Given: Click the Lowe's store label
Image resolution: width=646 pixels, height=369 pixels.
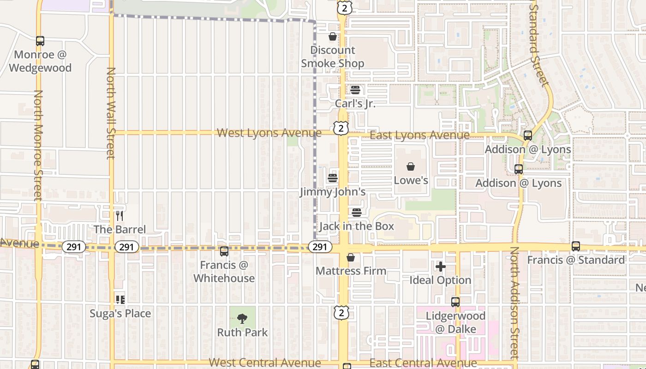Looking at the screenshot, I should [x=411, y=180].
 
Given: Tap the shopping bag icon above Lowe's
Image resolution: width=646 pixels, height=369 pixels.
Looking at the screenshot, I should [x=411, y=167].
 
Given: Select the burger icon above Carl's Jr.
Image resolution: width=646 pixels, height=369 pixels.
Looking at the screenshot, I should [x=355, y=90].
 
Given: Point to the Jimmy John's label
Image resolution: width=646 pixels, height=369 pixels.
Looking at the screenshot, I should [x=333, y=192].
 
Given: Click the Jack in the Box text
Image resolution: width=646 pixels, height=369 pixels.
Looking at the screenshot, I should [x=357, y=226].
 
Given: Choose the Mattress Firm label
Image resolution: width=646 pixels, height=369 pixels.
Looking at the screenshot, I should [x=351, y=271].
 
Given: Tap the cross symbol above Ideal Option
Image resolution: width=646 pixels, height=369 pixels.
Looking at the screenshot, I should [x=441, y=266].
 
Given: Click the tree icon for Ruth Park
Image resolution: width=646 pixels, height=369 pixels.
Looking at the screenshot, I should [x=242, y=318].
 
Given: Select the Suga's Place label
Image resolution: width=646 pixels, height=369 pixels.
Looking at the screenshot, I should [x=120, y=314].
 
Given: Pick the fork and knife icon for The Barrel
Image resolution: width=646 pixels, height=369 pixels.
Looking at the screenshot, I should [x=120, y=215].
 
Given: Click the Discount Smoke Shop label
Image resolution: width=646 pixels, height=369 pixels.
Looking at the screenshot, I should [x=333, y=57].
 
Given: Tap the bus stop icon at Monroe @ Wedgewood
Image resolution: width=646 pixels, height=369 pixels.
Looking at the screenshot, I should [x=40, y=41].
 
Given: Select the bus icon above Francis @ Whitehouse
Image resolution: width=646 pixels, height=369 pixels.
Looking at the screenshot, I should [x=224, y=251].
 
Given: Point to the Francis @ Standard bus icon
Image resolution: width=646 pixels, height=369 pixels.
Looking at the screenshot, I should [x=575, y=246].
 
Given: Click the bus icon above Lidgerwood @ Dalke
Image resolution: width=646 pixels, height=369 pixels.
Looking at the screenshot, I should [x=455, y=302].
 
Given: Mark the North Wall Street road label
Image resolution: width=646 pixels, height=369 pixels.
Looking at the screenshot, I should [x=111, y=113].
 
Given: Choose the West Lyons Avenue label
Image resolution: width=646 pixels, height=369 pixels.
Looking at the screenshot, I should [x=269, y=133].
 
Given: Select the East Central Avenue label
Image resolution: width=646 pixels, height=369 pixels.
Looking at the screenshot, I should [x=423, y=363].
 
